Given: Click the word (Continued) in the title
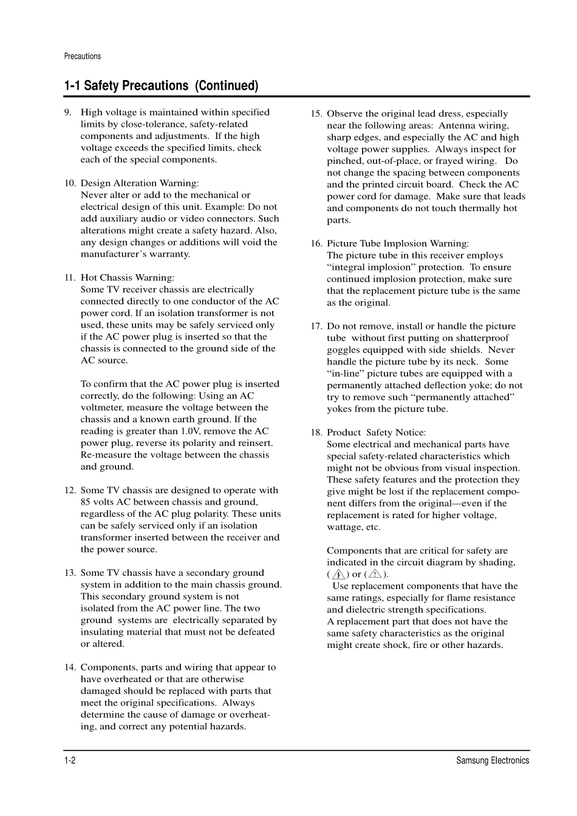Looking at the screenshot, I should point(227,86).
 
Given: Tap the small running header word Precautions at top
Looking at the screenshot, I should point(83,56).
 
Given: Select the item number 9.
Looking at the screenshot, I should point(67,112).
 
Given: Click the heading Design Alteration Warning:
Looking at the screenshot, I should point(139,183).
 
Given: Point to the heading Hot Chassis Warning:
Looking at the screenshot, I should point(127,278).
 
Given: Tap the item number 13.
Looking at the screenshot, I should point(70,573).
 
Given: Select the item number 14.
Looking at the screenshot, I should point(70,667).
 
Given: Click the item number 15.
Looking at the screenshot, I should point(316,113).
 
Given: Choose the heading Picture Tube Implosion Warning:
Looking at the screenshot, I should point(397,244).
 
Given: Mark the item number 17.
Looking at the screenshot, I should point(316,326).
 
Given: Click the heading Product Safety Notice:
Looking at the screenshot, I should point(376,433).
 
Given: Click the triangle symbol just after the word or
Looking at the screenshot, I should point(374,574).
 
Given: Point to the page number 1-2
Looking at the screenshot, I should point(69,761).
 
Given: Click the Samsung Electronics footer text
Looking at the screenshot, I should point(493,761).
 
